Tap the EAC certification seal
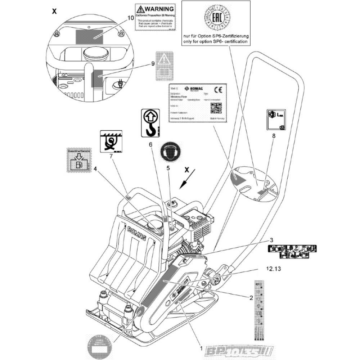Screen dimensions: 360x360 coord(216,17)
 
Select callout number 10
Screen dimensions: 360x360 coord(130,17)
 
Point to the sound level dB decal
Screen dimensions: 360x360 coord(276,120)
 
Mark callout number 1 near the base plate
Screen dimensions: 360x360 coord(201,349)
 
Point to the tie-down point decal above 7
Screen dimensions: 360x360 coord(111,141)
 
